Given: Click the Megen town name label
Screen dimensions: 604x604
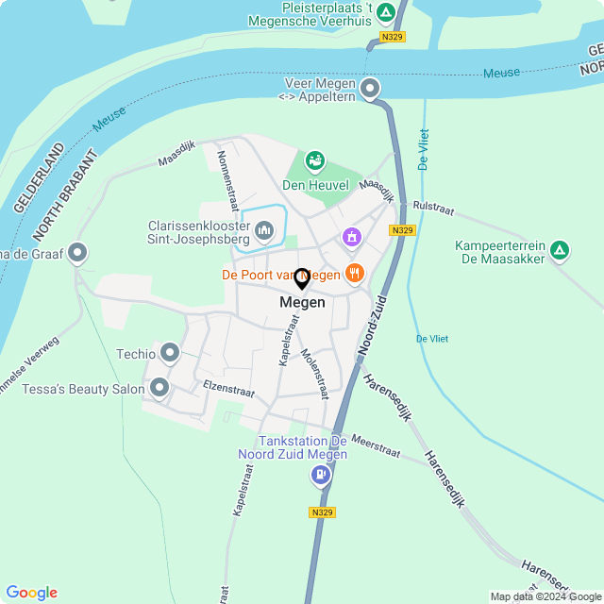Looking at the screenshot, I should coord(302,303).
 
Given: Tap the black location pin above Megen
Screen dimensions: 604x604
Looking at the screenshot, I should coord(302,278).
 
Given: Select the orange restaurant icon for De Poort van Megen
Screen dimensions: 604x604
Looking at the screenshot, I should coord(355,274).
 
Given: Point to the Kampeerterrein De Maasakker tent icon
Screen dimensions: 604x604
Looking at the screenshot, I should coord(560,250).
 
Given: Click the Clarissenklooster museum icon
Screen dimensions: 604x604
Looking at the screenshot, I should coord(263,229).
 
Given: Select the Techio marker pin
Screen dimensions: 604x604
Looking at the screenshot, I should coord(170,354).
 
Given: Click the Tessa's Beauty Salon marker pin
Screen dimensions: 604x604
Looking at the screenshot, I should coord(159,387).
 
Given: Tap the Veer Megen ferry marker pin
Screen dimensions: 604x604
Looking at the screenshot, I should coord(370,90).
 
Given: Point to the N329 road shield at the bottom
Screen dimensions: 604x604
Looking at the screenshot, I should coord(321,512).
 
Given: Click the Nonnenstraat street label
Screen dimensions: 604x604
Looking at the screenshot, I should coord(227,179).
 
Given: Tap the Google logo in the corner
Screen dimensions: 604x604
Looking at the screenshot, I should coord(31,593).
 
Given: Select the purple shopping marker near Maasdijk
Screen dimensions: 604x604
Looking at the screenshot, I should coord(352,236).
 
